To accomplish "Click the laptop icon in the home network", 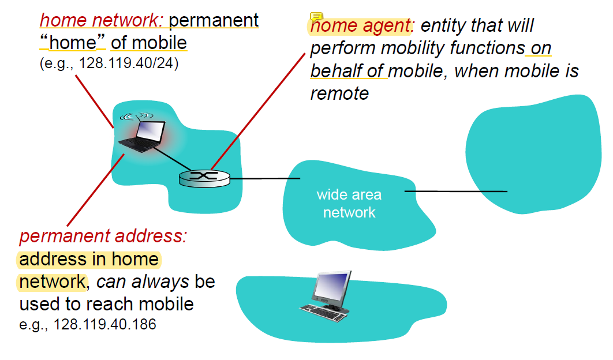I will click(143, 137).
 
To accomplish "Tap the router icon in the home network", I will click(204, 178).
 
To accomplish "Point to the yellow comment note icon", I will click(316, 17).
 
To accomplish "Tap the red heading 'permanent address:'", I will click(105, 236).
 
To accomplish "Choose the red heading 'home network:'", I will click(102, 21).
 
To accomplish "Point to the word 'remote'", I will click(339, 93).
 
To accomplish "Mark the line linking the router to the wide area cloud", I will click(265, 178).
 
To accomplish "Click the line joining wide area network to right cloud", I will click(455, 191).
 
